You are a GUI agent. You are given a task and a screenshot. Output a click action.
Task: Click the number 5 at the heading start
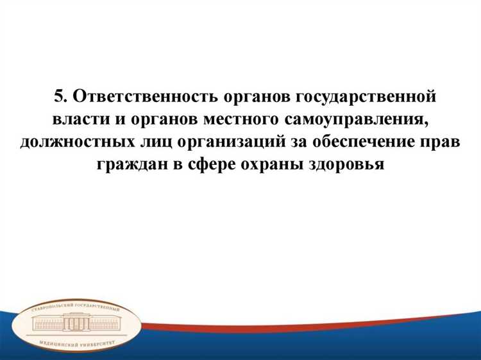tap(59, 97)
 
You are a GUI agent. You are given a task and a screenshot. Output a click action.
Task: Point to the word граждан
tap(130, 164)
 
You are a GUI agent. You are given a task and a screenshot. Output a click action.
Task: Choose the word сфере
tap(211, 164)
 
